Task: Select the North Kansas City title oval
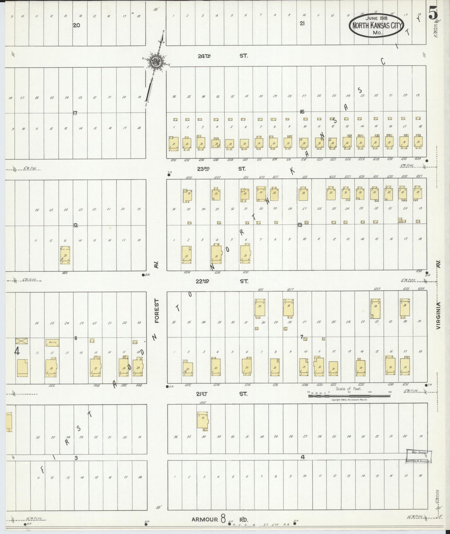[x=378, y=26]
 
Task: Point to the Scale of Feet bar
[x=349, y=396]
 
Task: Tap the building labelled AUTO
[x=52, y=343]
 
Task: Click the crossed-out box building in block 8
[x=22, y=341]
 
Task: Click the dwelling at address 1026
[x=65, y=255]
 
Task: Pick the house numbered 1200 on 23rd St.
[x=173, y=144]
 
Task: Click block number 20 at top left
[x=76, y=26]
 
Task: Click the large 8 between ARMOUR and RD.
[x=223, y=518]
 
